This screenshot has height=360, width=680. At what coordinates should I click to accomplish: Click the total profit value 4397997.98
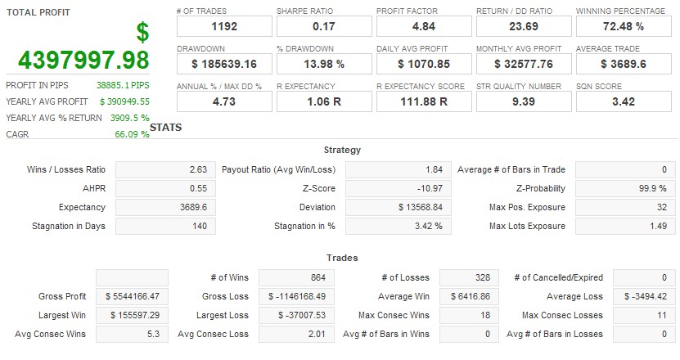(83, 60)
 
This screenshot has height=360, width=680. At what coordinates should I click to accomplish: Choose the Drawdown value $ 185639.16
(223, 64)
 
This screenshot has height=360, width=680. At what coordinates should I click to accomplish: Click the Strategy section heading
(342, 151)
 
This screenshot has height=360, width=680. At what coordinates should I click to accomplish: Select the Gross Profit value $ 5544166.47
(133, 296)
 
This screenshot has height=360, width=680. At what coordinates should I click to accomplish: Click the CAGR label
(17, 134)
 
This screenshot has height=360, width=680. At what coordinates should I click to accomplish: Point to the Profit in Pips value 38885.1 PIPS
(123, 85)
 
